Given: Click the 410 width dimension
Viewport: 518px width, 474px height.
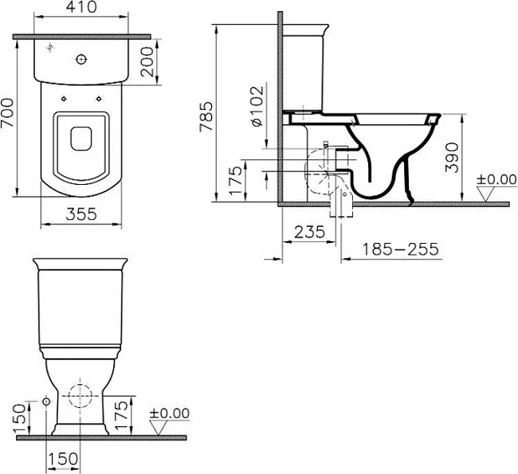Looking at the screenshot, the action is coord(81,8).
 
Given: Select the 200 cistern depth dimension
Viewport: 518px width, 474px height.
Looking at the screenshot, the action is coord(147,62).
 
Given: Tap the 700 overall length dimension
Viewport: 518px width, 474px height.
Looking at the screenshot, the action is coord(7,112).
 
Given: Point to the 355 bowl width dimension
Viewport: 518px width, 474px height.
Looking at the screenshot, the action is coord(81,214).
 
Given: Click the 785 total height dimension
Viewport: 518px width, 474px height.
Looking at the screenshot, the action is coord(207,116).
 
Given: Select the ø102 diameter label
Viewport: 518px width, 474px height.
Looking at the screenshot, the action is coord(257,107).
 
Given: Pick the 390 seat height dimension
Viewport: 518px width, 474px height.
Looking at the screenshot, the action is coord(453,158).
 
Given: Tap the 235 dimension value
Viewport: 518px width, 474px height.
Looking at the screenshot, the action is coord(309,232).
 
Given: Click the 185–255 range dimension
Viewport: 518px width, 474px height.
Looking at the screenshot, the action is coord(401,249).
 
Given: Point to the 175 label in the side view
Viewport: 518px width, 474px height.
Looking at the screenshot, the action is coord(235,180).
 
